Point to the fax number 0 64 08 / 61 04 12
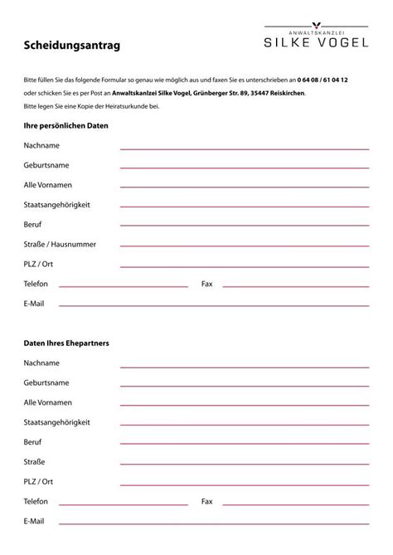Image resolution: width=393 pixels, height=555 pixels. tap(323, 79)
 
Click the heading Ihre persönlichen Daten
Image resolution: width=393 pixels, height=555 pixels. tap(65, 125)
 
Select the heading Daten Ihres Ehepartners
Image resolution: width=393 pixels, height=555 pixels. tap(66, 343)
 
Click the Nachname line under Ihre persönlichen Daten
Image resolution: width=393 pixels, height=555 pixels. tap(245, 148)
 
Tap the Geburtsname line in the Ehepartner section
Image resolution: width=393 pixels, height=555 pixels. tap(245, 386)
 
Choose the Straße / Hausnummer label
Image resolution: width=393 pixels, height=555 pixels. tap(60, 244)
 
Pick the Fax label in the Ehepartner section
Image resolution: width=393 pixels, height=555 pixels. tap(207, 501)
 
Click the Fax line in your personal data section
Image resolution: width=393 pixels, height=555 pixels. tap(298, 286)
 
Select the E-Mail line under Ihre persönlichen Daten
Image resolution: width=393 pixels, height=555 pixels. tap(214, 306)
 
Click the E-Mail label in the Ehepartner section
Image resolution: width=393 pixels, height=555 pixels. tap(34, 521)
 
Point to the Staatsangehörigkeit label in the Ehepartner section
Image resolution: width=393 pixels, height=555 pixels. tap(57, 421)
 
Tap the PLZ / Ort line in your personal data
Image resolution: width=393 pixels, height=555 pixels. tap(245, 266)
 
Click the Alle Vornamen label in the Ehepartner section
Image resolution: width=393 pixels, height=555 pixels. tap(47, 402)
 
